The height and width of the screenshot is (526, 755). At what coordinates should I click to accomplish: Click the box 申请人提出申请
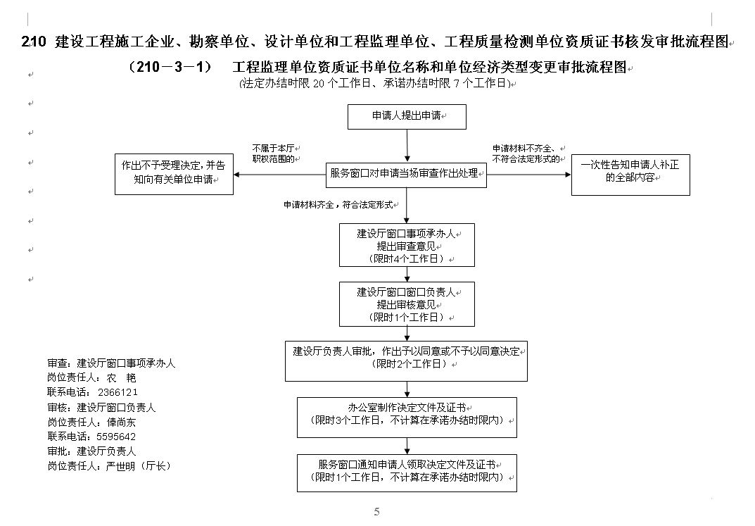pos(407,117)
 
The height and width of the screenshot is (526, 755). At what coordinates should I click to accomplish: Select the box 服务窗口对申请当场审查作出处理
pos(406,175)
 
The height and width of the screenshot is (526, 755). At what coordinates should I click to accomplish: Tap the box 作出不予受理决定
pos(174,174)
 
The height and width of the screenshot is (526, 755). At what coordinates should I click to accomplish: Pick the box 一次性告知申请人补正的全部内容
pos(630,175)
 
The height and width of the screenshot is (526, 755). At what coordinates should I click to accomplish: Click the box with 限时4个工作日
pos(407,245)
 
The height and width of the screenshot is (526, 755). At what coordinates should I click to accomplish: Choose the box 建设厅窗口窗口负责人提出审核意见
pos(407,304)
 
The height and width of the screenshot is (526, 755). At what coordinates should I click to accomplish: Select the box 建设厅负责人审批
pos(406,361)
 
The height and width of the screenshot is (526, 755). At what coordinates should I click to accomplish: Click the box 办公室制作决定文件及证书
pos(407,417)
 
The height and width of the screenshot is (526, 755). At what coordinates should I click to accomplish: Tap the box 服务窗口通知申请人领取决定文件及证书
pos(407,473)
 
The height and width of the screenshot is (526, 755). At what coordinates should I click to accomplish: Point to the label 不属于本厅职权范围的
pos(274,154)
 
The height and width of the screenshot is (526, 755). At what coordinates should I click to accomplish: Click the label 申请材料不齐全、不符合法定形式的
pos(526,154)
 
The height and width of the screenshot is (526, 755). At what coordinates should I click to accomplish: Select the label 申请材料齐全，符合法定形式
pos(338,205)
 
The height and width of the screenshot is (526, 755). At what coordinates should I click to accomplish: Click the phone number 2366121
pos(118,392)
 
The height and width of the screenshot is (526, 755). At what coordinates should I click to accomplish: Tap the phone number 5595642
pos(116,437)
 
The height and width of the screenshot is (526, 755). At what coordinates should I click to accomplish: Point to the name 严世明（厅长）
pos(138,465)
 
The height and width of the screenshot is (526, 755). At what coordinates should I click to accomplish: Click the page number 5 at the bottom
pos(376,511)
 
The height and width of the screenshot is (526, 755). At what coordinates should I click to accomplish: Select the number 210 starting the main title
pos(34,42)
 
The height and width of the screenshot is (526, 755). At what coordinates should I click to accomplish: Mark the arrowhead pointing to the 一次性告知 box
pos(568,175)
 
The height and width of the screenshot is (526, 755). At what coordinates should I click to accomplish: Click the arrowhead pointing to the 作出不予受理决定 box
pos(236,175)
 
